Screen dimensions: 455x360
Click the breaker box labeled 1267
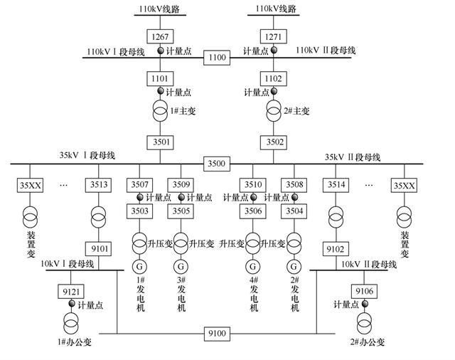click(160, 36)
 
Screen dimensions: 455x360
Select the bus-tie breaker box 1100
click(217, 57)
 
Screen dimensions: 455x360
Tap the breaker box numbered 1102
click(273, 78)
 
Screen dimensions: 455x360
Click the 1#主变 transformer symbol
click(160, 111)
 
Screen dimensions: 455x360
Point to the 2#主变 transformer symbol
click(273, 111)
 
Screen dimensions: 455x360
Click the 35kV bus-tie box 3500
click(217, 164)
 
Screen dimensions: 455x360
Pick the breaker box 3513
click(98, 185)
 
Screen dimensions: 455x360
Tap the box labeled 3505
click(181, 211)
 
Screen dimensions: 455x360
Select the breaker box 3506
click(253, 211)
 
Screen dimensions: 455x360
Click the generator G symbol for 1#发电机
click(139, 266)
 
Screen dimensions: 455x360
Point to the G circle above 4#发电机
click(253, 266)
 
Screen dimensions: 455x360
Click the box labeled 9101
click(98, 249)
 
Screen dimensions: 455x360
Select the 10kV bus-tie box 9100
click(217, 333)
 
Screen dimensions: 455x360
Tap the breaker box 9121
click(71, 292)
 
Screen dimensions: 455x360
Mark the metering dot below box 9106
click(365, 304)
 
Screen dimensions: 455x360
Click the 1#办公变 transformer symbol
click(71, 324)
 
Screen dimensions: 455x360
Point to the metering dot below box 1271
click(273, 51)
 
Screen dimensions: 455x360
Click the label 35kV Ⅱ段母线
click(353, 157)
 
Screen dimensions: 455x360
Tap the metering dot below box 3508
click(294, 197)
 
